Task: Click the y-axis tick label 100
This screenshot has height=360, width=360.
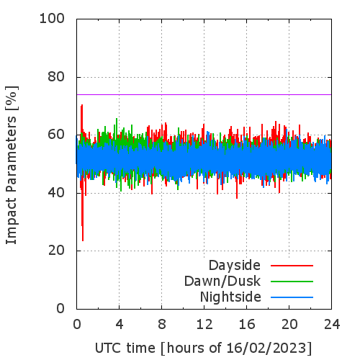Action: coord(52,19)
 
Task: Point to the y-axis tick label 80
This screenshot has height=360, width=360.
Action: coord(56,77)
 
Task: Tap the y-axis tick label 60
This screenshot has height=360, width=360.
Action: coord(56,135)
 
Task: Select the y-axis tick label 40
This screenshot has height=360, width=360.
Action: coord(56,193)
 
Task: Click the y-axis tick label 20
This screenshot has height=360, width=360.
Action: coord(56,251)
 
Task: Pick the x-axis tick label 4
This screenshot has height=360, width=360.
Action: coord(120,325)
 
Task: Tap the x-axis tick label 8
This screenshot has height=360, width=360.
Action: coord(162,325)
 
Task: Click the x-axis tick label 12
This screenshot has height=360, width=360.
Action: coord(204,325)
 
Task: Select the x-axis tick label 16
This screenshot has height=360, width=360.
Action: coord(247,325)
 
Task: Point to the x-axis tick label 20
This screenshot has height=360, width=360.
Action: coord(289,325)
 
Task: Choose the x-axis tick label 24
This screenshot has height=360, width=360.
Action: coord(332,325)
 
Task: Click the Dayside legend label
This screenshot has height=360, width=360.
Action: coord(235,266)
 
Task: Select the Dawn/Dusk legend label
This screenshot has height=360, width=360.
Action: coord(222,282)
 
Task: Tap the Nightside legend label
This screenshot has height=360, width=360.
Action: coord(230,297)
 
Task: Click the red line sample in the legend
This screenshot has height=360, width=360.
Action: coord(292,266)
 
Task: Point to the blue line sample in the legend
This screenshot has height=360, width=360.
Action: coord(292,297)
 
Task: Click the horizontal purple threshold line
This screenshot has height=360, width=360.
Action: coord(204,94)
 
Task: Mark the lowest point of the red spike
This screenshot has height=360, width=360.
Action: coord(83,240)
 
